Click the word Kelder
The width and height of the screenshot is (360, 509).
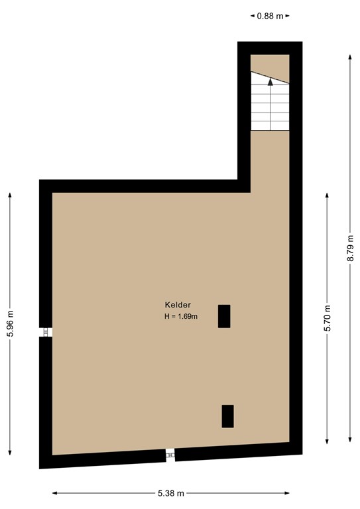tap(178, 305)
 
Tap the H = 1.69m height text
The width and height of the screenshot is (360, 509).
tap(182, 317)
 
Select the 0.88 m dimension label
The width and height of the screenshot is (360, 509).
tap(270, 15)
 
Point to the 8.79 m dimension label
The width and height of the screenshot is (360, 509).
tap(351, 249)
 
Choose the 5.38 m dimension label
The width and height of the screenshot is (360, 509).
tap(171, 493)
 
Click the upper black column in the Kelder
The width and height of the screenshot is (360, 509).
tap(224, 316)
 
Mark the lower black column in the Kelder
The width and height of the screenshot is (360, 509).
tap(227, 416)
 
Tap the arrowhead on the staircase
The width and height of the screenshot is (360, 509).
tap(270, 82)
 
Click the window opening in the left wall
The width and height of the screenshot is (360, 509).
tap(46, 332)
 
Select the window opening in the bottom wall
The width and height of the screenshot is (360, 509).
tap(170, 454)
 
